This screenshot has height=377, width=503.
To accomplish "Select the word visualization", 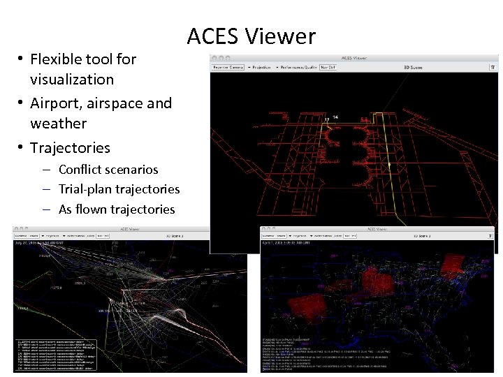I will (72, 80).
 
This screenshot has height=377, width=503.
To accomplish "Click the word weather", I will (59, 124).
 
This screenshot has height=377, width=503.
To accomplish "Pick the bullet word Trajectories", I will (71, 148).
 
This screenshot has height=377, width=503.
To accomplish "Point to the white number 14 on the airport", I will (336, 117).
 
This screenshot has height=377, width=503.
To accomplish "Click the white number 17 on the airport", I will (326, 119).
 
